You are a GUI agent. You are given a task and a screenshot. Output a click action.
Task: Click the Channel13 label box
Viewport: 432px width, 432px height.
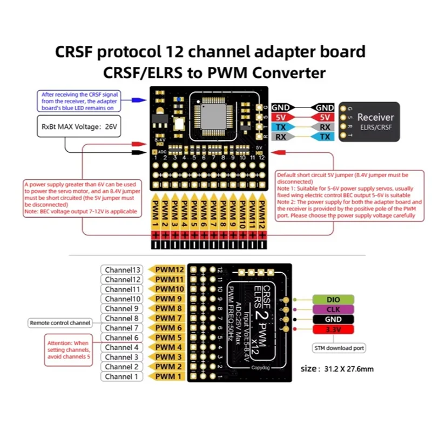(x=122, y=269)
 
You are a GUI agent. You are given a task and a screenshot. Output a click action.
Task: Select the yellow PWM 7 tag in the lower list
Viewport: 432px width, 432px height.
(x=168, y=318)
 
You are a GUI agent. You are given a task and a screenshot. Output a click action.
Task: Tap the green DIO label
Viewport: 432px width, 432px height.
(x=333, y=299)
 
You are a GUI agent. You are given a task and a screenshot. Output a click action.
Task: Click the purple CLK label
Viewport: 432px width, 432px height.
(x=333, y=309)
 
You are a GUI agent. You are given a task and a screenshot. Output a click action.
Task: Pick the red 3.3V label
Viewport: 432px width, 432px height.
(x=333, y=329)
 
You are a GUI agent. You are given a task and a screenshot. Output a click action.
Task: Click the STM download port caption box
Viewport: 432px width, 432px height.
(x=340, y=348)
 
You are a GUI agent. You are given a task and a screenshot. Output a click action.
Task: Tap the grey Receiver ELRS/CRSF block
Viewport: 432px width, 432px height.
(x=369, y=122)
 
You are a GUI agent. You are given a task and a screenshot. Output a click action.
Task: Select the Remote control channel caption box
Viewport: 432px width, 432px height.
(x=60, y=323)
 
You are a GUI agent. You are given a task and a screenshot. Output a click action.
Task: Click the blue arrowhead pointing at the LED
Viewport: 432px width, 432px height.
(x=139, y=99)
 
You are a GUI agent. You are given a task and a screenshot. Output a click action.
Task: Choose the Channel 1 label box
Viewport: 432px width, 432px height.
(x=122, y=376)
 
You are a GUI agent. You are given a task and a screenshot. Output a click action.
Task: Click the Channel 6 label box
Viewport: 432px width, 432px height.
(x=122, y=337)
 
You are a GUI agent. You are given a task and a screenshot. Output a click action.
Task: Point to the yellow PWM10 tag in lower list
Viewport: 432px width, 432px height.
(x=168, y=289)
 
